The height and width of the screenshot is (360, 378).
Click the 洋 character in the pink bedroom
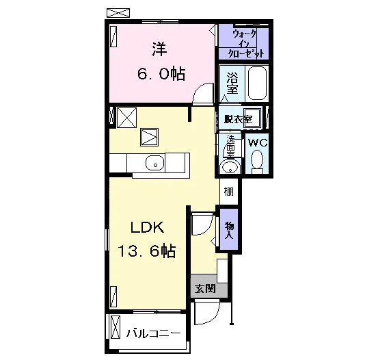[x=159, y=49]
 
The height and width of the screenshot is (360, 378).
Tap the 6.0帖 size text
[x=161, y=74]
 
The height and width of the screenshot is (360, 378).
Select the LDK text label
[x=147, y=227]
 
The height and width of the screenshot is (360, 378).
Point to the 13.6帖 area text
[x=146, y=250]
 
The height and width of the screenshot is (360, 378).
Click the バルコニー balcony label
[x=154, y=333]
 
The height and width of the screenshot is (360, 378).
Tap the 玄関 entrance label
[x=205, y=288]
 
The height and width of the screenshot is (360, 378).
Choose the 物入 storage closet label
[x=229, y=231]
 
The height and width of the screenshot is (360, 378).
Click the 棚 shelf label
[x=229, y=192]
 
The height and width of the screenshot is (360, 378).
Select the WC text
[x=258, y=142]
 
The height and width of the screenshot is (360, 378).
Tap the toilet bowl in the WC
[x=257, y=159]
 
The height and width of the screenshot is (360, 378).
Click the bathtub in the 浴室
[x=257, y=83]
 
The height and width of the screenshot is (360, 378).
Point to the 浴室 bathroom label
[x=232, y=83]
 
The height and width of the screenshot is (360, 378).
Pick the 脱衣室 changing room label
[x=238, y=119]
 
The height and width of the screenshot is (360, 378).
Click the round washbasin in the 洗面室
[x=230, y=167]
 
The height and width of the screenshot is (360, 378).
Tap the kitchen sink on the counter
[x=155, y=163]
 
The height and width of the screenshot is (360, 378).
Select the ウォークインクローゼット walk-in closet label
[x=245, y=44]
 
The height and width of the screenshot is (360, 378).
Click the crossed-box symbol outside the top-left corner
[x=118, y=13]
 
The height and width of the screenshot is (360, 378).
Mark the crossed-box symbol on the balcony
[x=115, y=327]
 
